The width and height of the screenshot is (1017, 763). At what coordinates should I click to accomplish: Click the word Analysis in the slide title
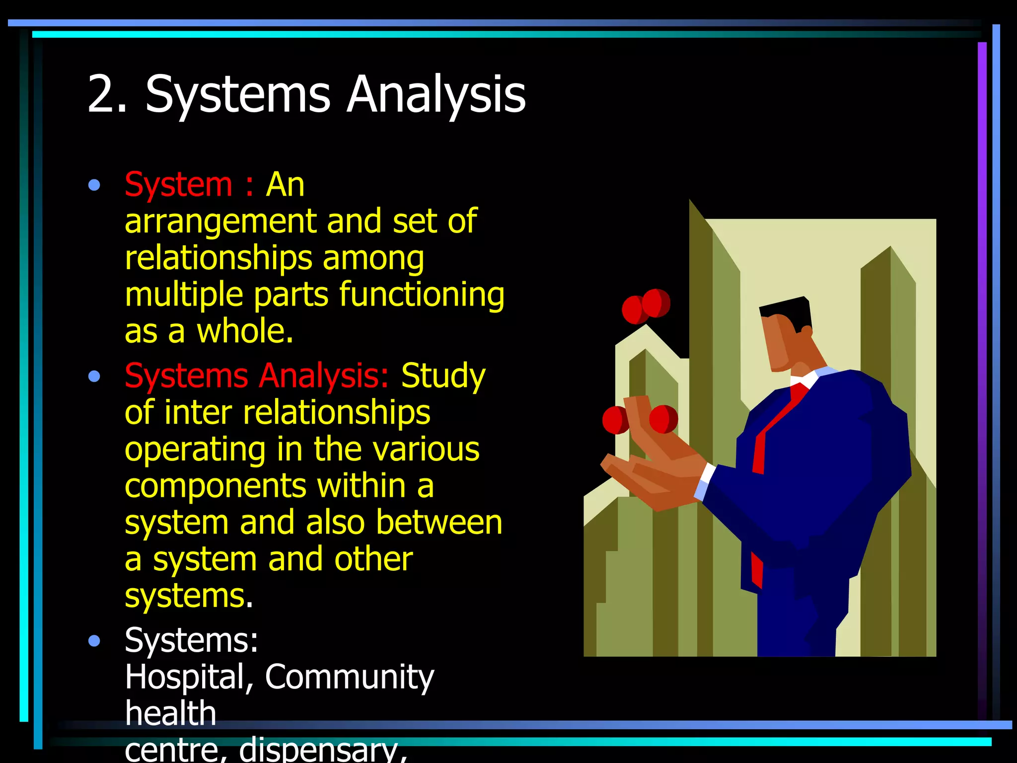point(436,94)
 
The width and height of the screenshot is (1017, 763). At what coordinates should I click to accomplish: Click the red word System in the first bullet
point(178,185)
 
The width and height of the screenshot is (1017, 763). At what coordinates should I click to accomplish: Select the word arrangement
point(220,222)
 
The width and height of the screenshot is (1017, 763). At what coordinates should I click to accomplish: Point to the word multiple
point(184,295)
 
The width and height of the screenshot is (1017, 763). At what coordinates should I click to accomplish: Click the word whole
point(245,331)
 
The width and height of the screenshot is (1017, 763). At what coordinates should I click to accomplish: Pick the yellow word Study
point(443,376)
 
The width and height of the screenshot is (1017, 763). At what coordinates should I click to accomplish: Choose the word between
point(439,523)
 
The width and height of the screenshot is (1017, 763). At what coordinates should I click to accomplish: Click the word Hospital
point(189,677)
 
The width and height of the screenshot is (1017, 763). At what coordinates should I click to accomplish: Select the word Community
point(350,677)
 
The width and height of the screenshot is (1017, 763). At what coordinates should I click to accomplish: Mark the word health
point(170,713)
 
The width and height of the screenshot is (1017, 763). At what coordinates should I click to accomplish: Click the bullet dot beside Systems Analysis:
point(94,376)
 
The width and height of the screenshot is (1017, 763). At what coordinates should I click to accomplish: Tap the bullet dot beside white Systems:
point(94,641)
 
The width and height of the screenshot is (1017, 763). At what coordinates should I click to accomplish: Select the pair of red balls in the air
point(646,305)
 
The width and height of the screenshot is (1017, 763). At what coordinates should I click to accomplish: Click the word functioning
point(422,295)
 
